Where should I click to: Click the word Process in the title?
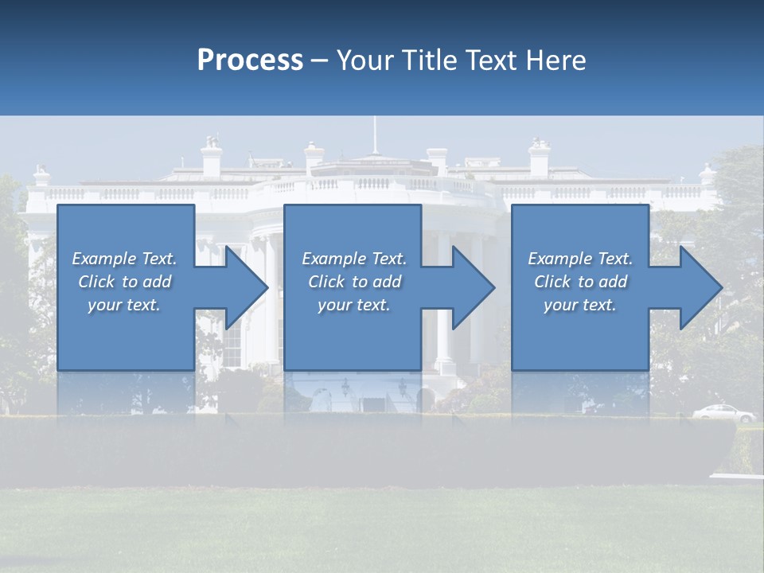click(250, 60)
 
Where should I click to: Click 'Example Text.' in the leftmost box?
click(124, 259)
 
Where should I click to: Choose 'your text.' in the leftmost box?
click(124, 305)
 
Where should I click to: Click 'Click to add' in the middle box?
click(354, 282)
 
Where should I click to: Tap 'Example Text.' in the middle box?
click(354, 259)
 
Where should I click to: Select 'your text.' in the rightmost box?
click(580, 305)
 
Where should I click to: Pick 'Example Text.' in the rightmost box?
click(580, 259)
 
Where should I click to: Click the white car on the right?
click(723, 413)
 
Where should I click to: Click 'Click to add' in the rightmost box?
click(580, 282)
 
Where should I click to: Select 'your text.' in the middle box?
click(354, 305)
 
